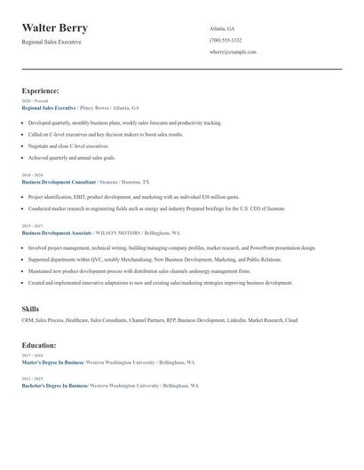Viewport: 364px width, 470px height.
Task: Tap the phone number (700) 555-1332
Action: point(226,40)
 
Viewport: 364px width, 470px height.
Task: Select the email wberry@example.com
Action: point(233,52)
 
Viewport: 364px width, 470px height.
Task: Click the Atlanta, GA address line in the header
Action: point(222,28)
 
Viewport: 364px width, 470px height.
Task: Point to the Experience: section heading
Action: point(40,90)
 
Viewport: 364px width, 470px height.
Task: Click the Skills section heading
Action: point(30,309)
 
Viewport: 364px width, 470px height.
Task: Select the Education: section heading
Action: point(39,344)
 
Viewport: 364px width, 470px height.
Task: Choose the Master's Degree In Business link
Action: point(51,363)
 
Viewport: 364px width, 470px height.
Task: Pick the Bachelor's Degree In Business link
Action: point(54,386)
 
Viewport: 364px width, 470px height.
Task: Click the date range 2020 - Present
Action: point(35,101)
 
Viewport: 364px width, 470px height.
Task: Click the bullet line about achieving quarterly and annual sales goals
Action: point(71,157)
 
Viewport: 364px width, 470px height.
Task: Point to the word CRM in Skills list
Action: point(28,320)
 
